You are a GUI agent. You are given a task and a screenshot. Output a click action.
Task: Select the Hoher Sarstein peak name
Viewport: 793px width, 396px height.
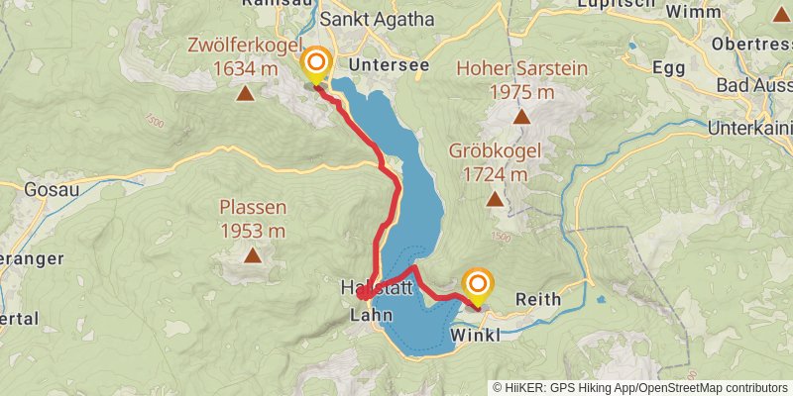click(x=521, y=69)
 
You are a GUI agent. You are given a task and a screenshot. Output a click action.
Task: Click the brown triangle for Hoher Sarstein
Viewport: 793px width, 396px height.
click(x=521, y=117)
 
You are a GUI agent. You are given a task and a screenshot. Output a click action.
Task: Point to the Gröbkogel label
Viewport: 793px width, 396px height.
click(x=494, y=151)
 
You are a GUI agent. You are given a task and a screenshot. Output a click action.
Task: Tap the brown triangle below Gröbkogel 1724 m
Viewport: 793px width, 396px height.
click(x=494, y=199)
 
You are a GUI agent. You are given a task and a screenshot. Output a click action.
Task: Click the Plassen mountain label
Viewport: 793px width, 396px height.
click(x=253, y=207)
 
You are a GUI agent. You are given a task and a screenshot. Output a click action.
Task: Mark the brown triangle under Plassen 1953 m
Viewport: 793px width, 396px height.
click(x=253, y=255)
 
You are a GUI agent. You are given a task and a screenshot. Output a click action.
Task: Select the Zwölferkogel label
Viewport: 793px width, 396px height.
click(x=244, y=46)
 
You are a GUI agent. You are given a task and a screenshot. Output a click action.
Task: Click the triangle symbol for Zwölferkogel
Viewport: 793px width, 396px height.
click(x=244, y=94)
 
